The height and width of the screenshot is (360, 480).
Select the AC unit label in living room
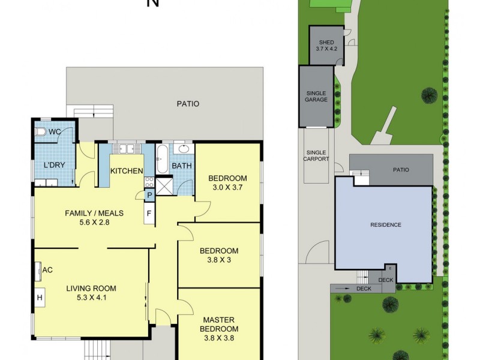[x=47, y=270]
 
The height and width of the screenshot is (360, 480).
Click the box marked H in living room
[x=40, y=297]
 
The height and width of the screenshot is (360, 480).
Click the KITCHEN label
[x=127, y=171]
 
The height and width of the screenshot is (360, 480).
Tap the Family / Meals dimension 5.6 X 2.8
[x=86, y=222]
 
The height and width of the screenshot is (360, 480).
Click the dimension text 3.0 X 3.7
[x=227, y=188]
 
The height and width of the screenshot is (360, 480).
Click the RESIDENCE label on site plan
[x=385, y=225]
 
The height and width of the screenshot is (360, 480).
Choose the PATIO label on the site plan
[x=401, y=170]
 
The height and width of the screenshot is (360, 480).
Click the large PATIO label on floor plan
[x=188, y=104]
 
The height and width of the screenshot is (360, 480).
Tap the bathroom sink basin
[x=184, y=149]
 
